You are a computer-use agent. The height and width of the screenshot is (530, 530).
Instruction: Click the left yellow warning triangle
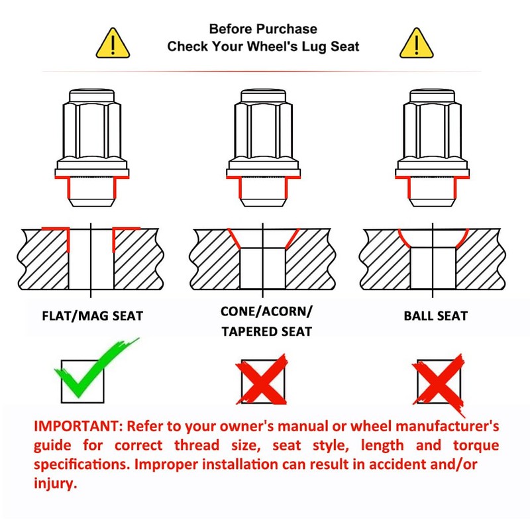point(113,43)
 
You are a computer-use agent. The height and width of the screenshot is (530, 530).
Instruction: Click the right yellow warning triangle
point(417,43)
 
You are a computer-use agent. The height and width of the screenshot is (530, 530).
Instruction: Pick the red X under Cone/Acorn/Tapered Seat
point(262,379)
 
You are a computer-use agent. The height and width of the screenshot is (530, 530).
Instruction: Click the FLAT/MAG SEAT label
point(93,316)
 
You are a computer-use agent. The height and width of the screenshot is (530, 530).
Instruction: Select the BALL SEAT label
point(436,316)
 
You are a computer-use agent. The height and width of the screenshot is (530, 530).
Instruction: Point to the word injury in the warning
point(56,484)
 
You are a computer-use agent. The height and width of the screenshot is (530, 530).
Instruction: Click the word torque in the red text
point(476,445)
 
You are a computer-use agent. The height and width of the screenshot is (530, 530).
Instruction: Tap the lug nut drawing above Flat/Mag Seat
point(92,148)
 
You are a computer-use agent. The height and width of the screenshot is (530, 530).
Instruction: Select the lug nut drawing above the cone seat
point(263,148)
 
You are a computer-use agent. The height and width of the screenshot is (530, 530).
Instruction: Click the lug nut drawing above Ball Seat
point(432,148)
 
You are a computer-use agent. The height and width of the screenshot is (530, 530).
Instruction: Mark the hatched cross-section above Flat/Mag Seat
point(91,259)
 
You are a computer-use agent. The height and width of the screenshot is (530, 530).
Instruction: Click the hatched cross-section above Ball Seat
point(433,259)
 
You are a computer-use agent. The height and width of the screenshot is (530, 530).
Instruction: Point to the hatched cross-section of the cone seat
point(262,259)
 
